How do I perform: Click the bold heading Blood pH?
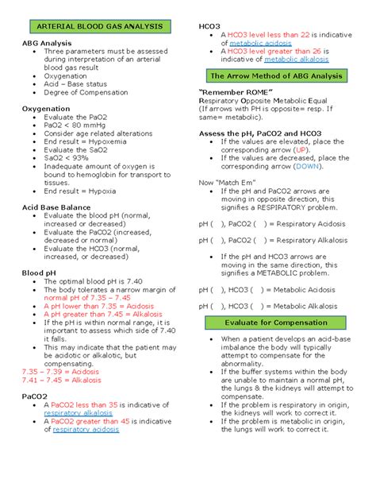coord(38,272)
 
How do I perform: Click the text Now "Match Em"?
coord(226,183)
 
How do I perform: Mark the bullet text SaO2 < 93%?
coord(67,158)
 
